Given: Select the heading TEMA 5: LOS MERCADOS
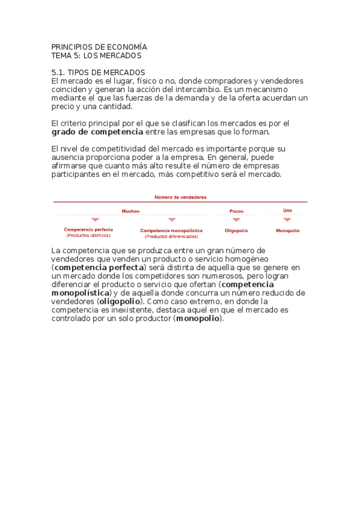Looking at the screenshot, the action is point(96,55).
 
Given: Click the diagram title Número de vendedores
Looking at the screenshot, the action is point(180,197).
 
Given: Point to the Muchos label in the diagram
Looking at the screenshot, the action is point(130,211).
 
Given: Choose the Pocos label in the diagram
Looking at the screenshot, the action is point(236,211).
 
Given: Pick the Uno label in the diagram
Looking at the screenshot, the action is point(287,210).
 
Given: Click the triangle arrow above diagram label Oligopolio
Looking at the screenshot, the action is point(236,220).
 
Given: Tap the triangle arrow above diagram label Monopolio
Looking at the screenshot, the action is point(287,220).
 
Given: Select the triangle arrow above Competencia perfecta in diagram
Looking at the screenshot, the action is point(95,220).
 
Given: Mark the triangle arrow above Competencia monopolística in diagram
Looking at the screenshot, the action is point(172,220).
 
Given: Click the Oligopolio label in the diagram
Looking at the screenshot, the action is point(236,230).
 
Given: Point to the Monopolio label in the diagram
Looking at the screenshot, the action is point(288,230).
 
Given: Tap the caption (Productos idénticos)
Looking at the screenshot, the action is point(88,235).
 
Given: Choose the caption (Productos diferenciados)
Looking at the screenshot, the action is point(171,236).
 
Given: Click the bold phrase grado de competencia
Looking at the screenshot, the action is point(97,132).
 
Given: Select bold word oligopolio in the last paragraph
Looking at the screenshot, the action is point(121,301).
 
